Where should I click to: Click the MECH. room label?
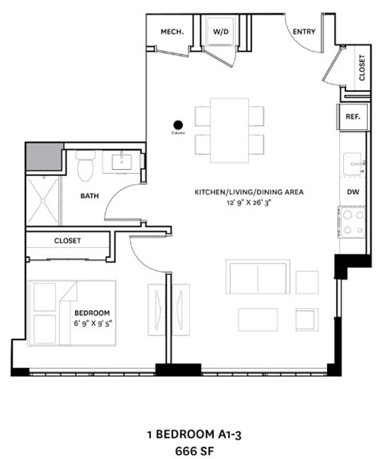[172, 32]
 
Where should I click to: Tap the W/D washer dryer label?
[219, 32]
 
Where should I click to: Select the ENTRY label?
[304, 32]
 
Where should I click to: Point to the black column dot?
[178, 124]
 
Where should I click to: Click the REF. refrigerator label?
[353, 116]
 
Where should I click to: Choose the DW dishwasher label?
[353, 192]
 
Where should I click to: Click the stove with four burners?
[353, 221]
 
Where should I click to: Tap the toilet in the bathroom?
[86, 165]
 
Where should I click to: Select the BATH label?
[89, 194]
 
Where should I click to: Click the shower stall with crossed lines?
[43, 199]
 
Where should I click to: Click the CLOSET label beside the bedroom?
[68, 240]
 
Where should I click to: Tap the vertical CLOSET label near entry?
[361, 68]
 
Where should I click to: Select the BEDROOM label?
[92, 312]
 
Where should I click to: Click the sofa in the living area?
[257, 277]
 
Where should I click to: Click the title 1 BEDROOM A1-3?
[192, 434]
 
